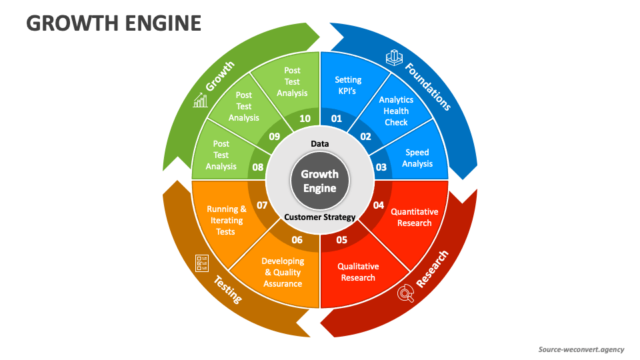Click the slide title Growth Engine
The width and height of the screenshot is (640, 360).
click(113, 23)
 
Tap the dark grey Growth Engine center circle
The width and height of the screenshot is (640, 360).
click(320, 181)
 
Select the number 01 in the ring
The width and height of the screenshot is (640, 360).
click(336, 119)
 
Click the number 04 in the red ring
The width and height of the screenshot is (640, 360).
click(379, 205)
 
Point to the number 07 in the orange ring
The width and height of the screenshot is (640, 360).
click(262, 205)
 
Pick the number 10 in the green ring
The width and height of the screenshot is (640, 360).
click(305, 119)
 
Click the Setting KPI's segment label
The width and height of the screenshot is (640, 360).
click(347, 85)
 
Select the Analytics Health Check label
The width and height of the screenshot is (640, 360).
click(396, 111)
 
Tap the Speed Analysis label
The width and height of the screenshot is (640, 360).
click(417, 158)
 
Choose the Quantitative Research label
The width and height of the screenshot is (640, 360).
click(415, 217)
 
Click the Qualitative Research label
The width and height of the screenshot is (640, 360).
click(358, 271)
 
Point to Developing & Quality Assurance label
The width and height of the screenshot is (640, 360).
click(283, 272)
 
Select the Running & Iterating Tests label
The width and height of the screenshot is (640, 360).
click(226, 220)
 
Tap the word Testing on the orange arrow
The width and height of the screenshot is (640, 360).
click(227, 290)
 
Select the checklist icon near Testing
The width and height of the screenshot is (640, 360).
click(202, 263)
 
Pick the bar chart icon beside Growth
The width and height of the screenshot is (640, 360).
click(201, 100)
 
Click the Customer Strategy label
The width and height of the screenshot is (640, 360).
click(320, 217)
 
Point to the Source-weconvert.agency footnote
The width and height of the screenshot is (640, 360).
click(582, 349)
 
